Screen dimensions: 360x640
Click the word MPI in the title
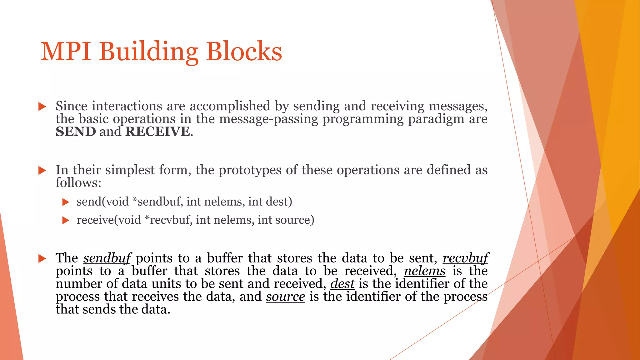[66, 52]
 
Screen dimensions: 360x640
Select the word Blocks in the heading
[244, 52]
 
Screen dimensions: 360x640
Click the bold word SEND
[76, 132]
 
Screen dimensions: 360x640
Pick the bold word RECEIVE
[157, 132]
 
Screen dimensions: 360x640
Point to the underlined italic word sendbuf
[107, 258]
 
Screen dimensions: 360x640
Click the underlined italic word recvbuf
[465, 258]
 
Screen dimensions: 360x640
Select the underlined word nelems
[425, 271]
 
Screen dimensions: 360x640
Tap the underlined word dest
[342, 284]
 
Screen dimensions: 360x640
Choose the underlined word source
[286, 297]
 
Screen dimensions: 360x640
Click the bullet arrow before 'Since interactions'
[42, 107]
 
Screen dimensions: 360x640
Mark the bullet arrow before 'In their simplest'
[42, 170]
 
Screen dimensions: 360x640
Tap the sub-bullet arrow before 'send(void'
[66, 202]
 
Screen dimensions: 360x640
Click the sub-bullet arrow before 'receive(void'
[66, 221]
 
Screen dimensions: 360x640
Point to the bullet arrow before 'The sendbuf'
[42, 258]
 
